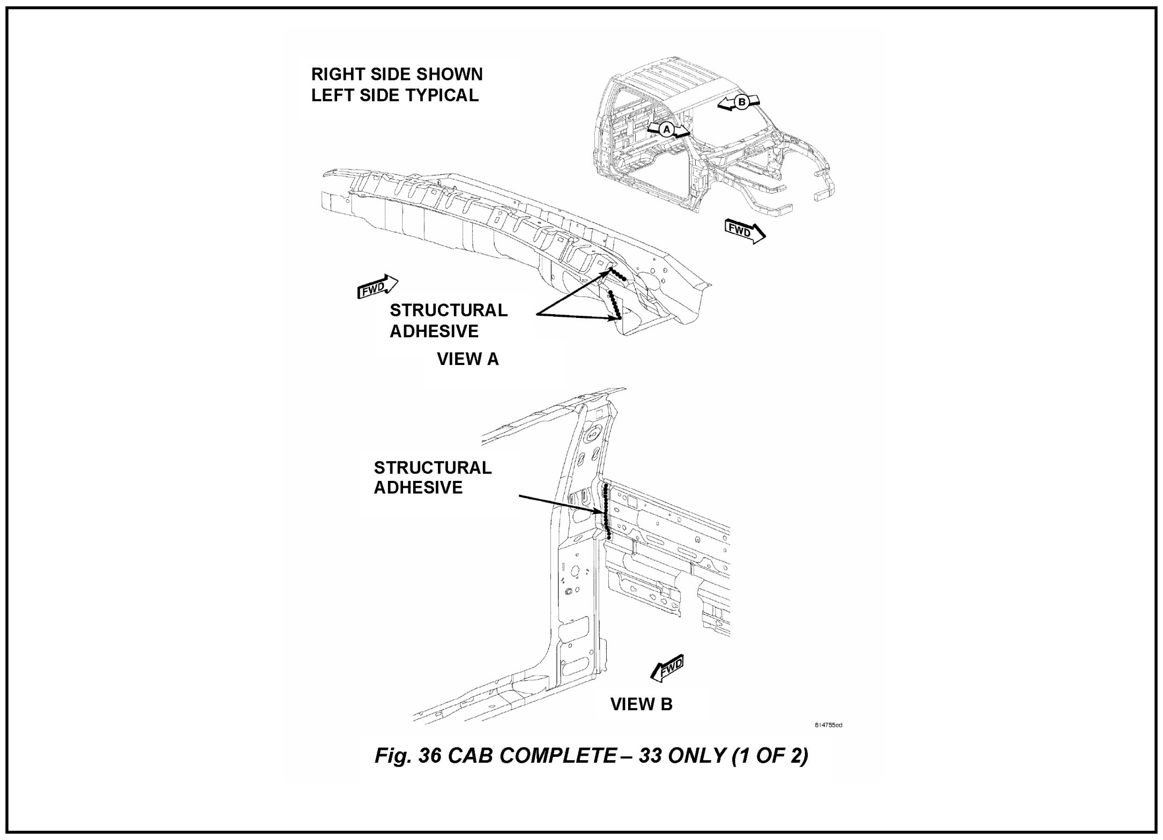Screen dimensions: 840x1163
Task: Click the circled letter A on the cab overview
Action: [x=666, y=130]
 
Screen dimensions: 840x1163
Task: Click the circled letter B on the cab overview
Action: [x=741, y=102]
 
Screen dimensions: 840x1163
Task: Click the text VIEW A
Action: [x=468, y=359]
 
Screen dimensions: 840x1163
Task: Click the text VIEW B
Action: [x=641, y=704]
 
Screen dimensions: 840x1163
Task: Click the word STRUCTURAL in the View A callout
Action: [x=448, y=310]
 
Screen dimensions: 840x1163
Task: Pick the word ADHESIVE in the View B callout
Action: [x=418, y=488]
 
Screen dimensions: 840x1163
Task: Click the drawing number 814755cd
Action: [x=828, y=725]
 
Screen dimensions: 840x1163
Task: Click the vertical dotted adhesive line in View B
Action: [x=606, y=512]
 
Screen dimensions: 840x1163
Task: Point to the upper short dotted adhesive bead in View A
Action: [x=617, y=274]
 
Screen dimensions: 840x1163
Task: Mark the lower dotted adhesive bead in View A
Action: [x=614, y=305]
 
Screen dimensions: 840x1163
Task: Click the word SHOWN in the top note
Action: [x=449, y=75]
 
